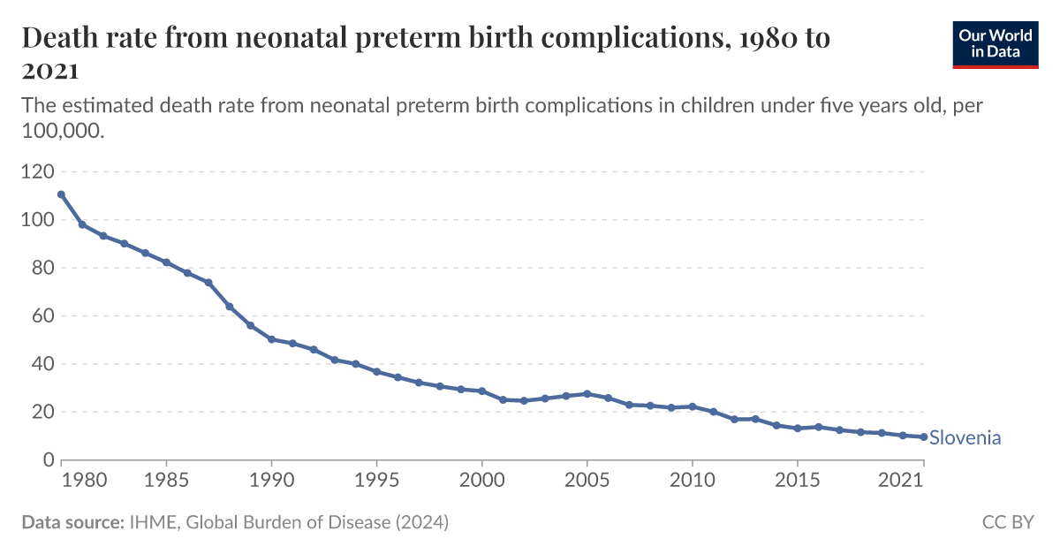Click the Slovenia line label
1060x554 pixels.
click(965, 438)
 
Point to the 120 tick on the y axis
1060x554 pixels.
click(37, 171)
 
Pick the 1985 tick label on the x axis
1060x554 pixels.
click(166, 482)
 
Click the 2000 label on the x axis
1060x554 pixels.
click(481, 482)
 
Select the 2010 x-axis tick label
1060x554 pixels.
click(692, 482)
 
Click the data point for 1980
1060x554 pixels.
click(61, 194)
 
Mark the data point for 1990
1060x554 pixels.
click(271, 339)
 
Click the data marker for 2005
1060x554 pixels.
click(587, 394)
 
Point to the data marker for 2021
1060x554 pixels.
click(924, 436)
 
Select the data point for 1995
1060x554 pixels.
click(376, 371)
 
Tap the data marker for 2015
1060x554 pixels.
click(797, 429)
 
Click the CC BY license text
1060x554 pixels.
click(1007, 523)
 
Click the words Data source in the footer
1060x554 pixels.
click(72, 523)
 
